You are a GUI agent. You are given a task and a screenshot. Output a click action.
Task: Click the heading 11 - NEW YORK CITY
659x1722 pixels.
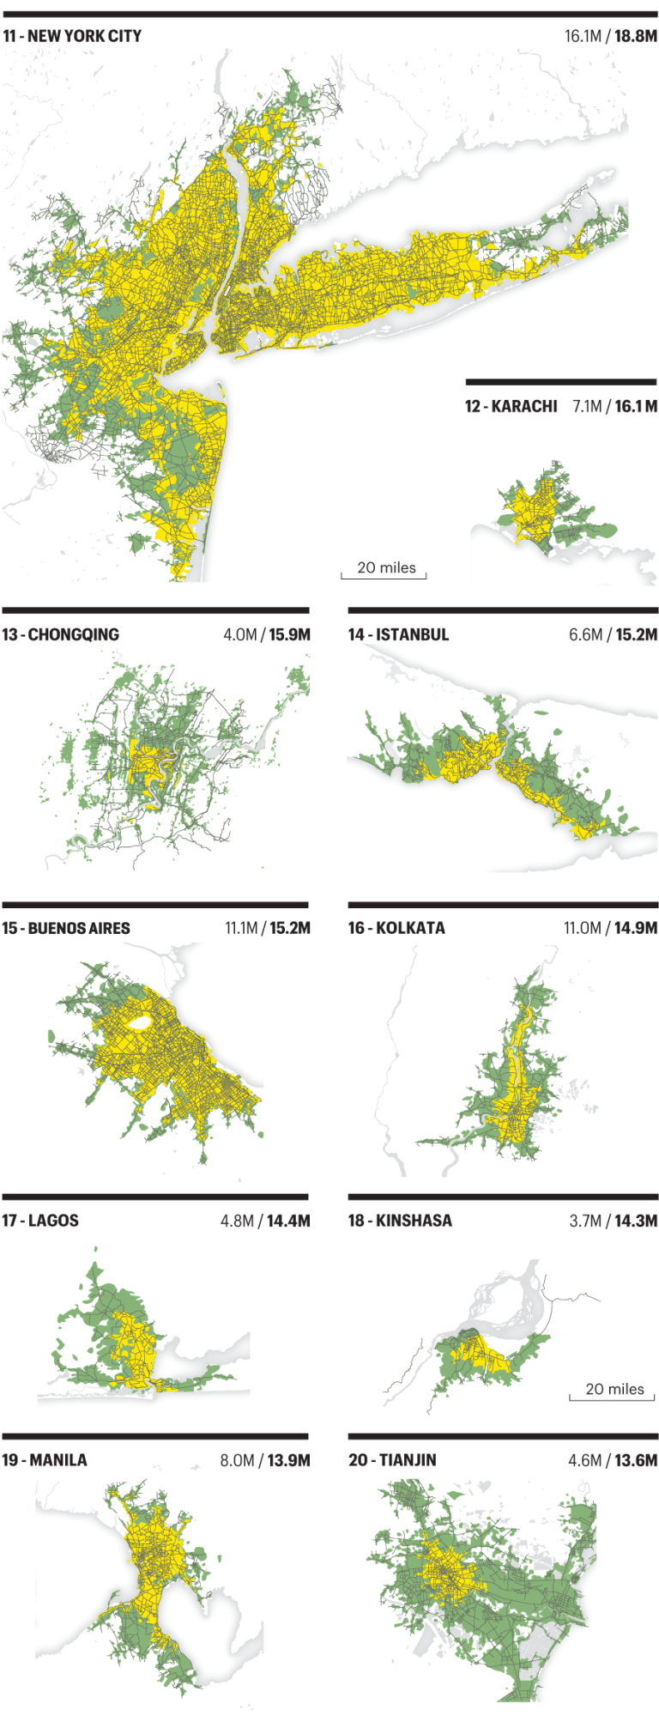coord(72,36)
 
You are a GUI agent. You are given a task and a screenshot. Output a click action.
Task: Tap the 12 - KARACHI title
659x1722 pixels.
coord(511,406)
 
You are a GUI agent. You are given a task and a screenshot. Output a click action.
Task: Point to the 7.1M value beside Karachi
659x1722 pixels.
coord(587,406)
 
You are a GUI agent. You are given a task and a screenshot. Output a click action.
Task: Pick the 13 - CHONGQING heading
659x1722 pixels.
coord(61,634)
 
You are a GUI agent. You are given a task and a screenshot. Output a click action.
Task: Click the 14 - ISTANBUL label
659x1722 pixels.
coord(398,634)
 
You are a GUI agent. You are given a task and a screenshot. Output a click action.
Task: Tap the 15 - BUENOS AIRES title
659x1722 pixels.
coord(66,928)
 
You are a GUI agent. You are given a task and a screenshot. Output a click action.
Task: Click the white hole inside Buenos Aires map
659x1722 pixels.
coord(139,1023)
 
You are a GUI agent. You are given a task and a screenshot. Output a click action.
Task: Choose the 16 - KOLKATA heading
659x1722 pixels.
coord(396,928)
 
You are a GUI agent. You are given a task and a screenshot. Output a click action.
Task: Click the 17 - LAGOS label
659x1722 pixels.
coord(40,1221)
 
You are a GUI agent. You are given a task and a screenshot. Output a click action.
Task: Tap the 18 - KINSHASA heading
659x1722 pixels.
coord(400,1221)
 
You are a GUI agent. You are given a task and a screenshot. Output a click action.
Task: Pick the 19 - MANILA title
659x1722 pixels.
coord(45,1459)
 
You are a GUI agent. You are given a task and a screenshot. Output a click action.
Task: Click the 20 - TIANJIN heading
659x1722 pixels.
coord(392,1459)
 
